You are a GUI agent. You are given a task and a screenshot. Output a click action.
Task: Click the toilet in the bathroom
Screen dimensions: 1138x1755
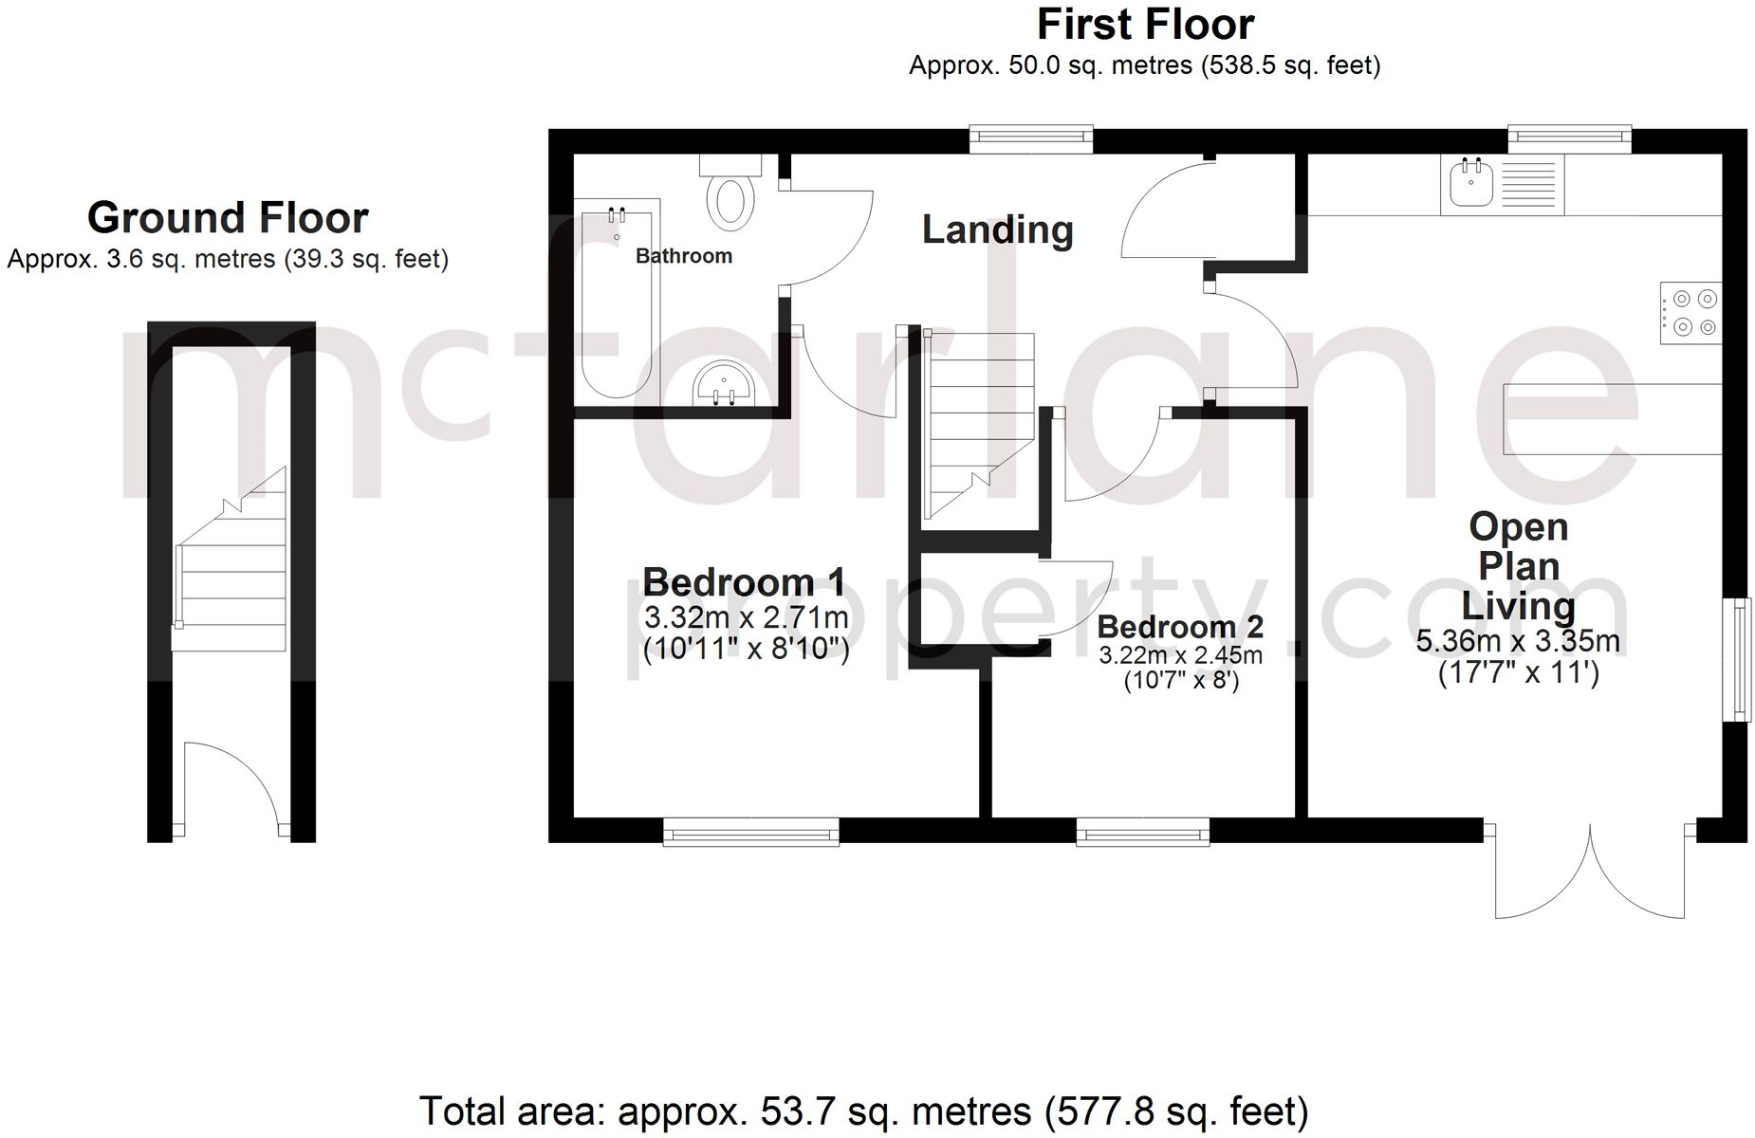point(730,195)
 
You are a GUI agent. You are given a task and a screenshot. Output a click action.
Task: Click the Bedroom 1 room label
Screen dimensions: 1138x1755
point(743,581)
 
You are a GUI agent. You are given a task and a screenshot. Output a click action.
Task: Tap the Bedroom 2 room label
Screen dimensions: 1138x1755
point(1180,627)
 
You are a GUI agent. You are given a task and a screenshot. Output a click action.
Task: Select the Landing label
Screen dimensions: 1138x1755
point(997,229)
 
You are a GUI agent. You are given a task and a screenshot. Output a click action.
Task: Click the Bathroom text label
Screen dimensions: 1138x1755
point(683,256)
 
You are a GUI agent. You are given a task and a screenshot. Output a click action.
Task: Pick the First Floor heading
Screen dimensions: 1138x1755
point(1145,25)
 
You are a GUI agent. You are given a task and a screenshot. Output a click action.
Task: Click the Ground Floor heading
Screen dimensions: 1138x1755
point(228,218)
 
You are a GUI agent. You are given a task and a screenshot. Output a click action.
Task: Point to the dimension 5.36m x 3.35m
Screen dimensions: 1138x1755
point(1518,641)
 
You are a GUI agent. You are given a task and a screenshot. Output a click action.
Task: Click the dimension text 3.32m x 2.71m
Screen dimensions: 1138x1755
point(746,618)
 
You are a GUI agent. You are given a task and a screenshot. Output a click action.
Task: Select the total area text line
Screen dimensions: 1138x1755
point(863,1110)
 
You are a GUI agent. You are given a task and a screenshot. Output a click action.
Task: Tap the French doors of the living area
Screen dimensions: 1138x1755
point(1590,872)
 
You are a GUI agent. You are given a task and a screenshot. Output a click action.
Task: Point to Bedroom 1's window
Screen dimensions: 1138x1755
point(751,834)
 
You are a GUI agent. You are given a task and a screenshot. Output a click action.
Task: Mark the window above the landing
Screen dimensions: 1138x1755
point(1031,139)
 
